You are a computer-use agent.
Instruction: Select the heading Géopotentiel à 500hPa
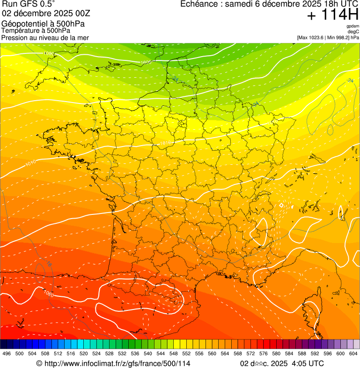click(43, 23)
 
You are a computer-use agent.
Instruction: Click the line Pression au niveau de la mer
click(45, 37)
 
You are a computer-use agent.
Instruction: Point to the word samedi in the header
click(238, 4)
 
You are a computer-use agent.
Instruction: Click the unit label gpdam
click(353, 26)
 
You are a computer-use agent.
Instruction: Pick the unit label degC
click(353, 31)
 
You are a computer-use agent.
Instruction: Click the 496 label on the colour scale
click(7, 353)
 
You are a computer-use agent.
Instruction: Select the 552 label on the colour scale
click(186, 353)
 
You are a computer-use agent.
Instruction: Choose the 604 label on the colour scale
click(353, 353)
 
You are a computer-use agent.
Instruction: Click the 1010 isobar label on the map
click(31, 163)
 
